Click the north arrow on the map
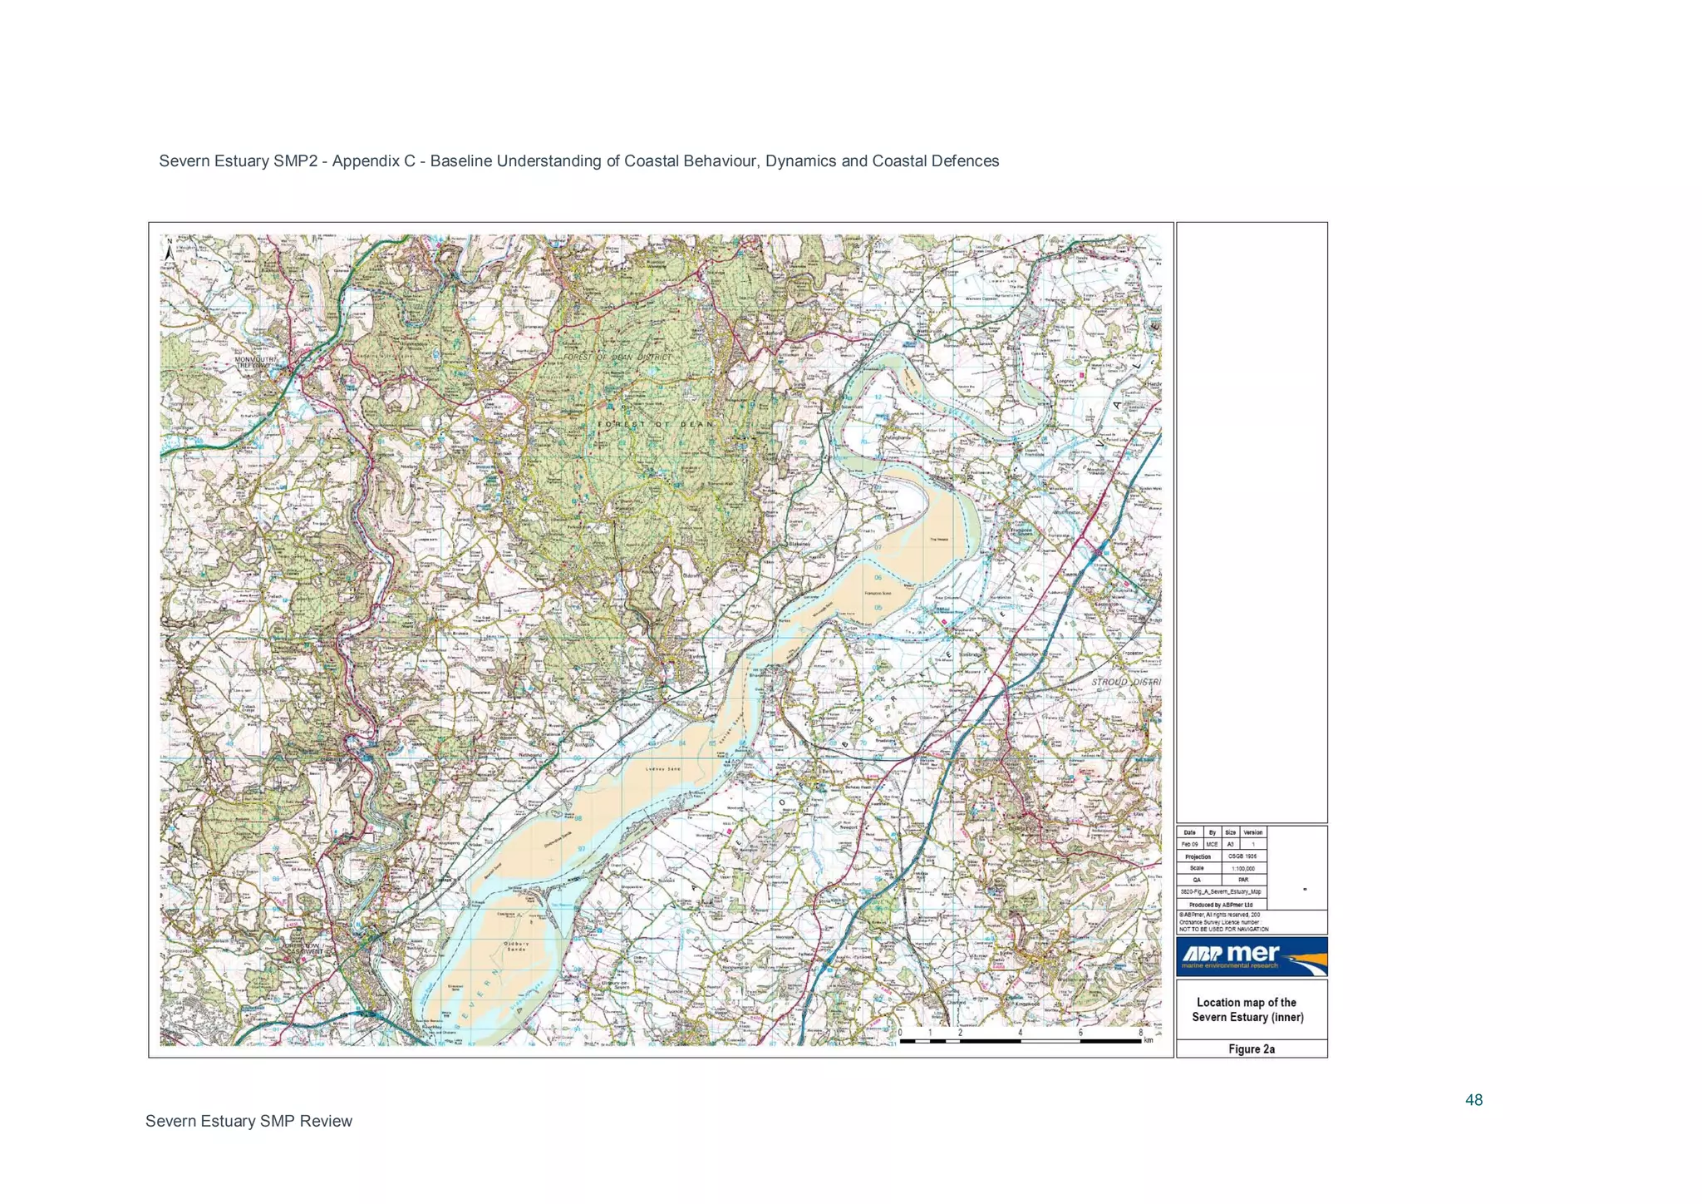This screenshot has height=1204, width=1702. pyautogui.click(x=170, y=249)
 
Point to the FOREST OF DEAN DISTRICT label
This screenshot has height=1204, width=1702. pyautogui.click(x=617, y=358)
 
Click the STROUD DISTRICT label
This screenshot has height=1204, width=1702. pyautogui.click(x=1125, y=682)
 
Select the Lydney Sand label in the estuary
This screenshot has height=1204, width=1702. pyautogui.click(x=662, y=769)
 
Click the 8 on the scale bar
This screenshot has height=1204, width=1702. pyautogui.click(x=1140, y=1033)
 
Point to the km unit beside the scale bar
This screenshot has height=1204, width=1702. pyautogui.click(x=1148, y=1040)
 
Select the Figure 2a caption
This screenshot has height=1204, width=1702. pyautogui.click(x=1251, y=1049)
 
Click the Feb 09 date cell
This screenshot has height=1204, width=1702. pyautogui.click(x=1189, y=844)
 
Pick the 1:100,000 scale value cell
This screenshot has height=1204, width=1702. pyautogui.click(x=1243, y=868)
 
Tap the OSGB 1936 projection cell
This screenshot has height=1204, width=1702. pyautogui.click(x=1243, y=856)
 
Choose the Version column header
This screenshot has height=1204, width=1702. pyautogui.click(x=1252, y=832)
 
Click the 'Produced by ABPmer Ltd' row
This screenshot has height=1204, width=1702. pyautogui.click(x=1221, y=905)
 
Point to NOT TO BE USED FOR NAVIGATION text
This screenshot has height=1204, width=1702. pyautogui.click(x=1223, y=929)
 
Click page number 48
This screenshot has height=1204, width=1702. pyautogui.click(x=1473, y=1100)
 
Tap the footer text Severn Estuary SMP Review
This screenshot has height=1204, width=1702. pyautogui.click(x=248, y=1121)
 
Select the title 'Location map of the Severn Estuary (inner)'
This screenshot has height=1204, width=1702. pyautogui.click(x=1247, y=1009)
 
